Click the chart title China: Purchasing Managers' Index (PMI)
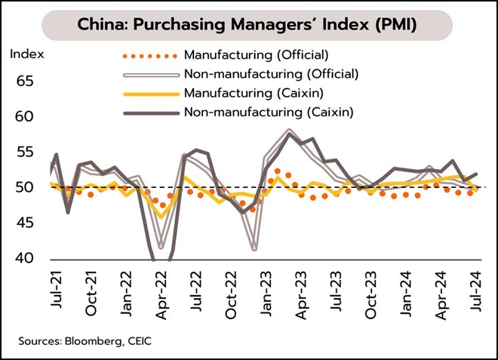[248, 25]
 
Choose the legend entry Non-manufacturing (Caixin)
[266, 112]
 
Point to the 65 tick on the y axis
[25, 82]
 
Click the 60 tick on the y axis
[25, 117]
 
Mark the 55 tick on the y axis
[25, 152]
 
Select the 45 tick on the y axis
[25, 223]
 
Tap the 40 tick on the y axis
[25, 259]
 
